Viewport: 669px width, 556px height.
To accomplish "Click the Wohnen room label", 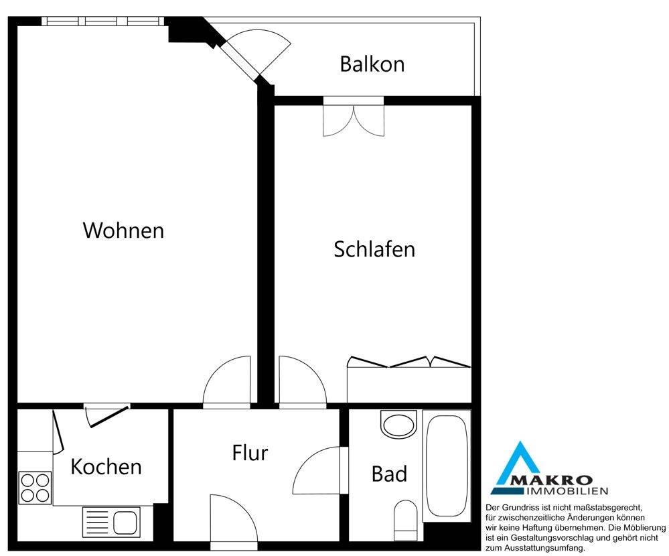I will pos(123,230).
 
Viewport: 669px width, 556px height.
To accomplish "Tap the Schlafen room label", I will pos(374,249).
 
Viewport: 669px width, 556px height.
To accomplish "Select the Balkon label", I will pos(372,64).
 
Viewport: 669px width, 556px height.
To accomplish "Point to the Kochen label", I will pos(106,466).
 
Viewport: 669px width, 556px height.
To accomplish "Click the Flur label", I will pos(250,453).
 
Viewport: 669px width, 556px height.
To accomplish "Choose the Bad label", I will pos(389,474).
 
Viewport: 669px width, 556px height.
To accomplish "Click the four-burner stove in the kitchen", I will pos(35,488).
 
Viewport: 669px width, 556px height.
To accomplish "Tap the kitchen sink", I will pos(111,522).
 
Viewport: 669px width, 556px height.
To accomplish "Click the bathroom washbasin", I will pos(398,424).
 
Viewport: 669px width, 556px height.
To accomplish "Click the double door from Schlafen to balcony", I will pos(354,118).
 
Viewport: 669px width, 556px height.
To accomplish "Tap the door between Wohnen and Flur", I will pos(228,383).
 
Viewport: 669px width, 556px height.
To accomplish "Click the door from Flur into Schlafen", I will pos(302,383).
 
